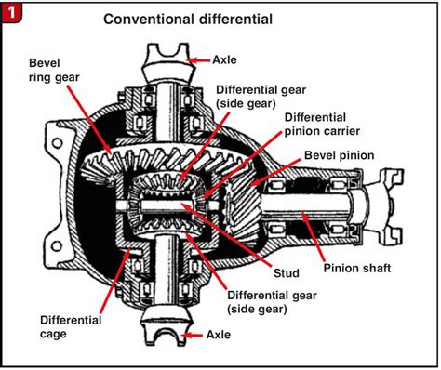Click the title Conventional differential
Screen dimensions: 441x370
(x=188, y=20)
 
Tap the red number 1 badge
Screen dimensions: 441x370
(x=11, y=13)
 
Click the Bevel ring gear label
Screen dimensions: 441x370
(x=54, y=70)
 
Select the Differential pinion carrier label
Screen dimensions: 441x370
(x=322, y=125)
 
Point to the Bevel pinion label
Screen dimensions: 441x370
(x=340, y=155)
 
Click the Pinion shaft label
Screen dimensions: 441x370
(x=357, y=268)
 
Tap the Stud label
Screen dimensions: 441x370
(x=287, y=273)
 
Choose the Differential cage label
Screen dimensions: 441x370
(x=71, y=327)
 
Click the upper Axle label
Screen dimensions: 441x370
(x=224, y=59)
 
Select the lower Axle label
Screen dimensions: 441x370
(x=219, y=335)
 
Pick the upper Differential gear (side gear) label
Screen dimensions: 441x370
(x=261, y=97)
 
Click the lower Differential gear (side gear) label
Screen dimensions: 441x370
(x=272, y=302)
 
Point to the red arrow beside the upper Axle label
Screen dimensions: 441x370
(x=199, y=60)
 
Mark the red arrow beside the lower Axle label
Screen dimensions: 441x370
(x=193, y=335)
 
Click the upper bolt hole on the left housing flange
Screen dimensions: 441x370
(x=57, y=143)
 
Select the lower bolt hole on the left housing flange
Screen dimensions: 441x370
(x=57, y=246)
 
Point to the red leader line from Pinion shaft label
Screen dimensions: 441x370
(x=313, y=235)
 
